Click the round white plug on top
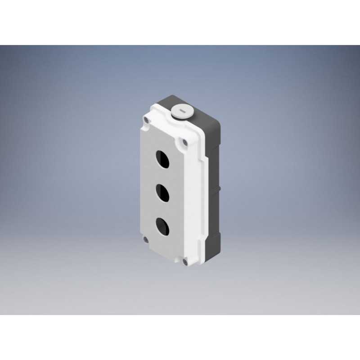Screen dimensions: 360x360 pos(182,111)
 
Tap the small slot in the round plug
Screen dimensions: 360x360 pos(182,109)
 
